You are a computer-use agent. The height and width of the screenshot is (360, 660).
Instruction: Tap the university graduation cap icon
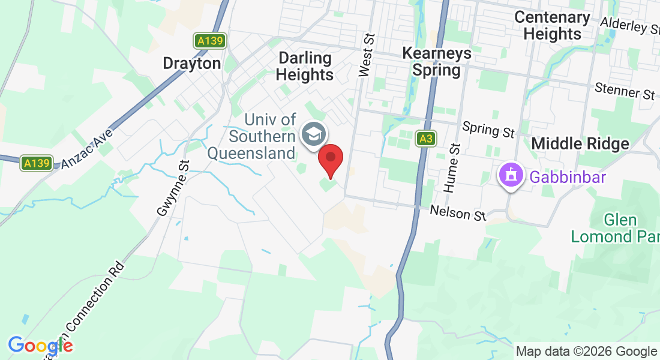point(313,133)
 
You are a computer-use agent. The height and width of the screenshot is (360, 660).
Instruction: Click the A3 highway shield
point(426,139)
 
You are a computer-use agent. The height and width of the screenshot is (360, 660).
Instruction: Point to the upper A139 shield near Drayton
point(210,41)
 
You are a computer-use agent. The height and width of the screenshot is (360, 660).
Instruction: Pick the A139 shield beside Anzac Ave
point(36,163)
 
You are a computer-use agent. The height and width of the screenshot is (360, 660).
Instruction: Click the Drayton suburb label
point(192,63)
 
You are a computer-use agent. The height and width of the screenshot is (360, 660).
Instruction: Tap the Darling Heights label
point(306,67)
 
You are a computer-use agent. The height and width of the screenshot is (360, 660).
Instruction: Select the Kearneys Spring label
point(437,62)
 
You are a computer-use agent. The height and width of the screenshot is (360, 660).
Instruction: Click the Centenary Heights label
point(553,26)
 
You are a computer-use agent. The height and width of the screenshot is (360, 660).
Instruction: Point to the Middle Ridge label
point(580,143)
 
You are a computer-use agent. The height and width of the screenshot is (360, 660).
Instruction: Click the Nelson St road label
point(458,212)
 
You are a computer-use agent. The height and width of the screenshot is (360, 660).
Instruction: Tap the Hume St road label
point(451,168)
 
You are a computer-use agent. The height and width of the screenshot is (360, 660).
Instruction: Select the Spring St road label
point(489,129)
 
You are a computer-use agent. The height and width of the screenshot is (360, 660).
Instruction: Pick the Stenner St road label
point(625,91)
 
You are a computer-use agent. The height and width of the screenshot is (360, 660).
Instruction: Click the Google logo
point(40,346)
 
